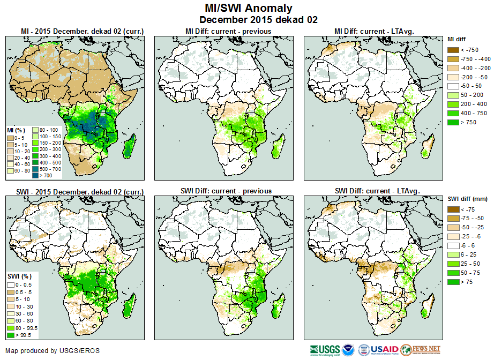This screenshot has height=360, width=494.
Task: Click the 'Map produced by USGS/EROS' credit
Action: [53, 351]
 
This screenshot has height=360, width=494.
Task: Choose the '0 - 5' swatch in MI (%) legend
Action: [10, 138]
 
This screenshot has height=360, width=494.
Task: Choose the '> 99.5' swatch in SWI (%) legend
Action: [10, 335]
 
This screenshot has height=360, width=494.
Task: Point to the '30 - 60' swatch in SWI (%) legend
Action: [10, 312]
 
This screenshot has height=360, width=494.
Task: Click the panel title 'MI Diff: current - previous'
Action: [228, 31]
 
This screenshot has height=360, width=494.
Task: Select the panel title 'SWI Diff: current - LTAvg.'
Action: [377, 191]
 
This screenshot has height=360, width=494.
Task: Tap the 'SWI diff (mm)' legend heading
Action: [467, 199]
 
